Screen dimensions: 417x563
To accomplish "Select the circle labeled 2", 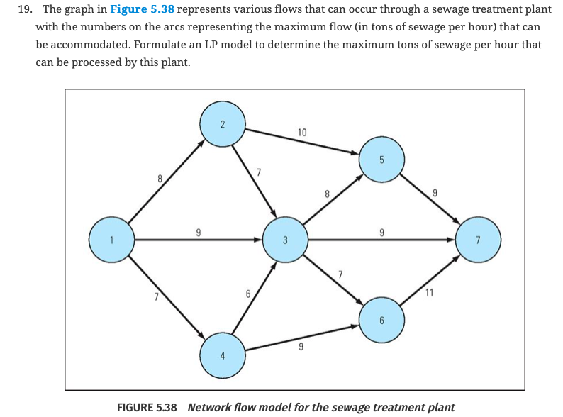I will (x=223, y=124).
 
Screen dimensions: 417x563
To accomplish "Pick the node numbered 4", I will (x=223, y=355).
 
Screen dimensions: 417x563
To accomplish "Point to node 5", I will (x=381, y=159).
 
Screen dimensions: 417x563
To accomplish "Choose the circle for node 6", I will (x=381, y=320).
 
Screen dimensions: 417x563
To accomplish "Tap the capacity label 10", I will (x=302, y=133).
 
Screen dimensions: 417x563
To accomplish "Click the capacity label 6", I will (x=247, y=292).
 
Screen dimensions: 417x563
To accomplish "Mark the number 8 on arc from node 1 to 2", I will (x=160, y=180).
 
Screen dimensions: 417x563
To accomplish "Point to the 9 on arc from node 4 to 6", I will (x=301, y=347).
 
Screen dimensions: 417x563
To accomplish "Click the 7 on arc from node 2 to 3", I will (x=259, y=172).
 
